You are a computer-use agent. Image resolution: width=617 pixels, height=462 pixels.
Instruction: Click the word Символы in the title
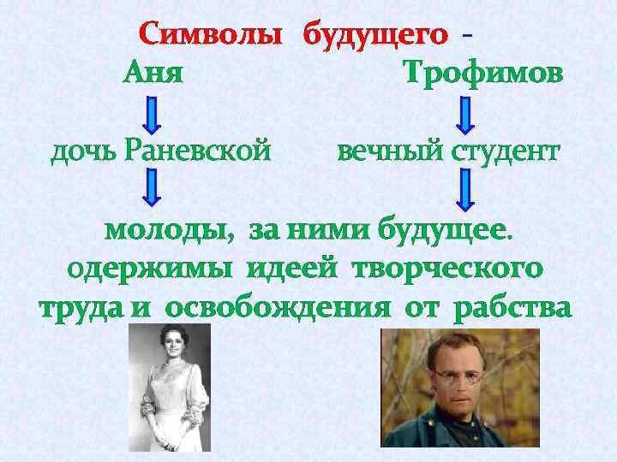(x=211, y=36)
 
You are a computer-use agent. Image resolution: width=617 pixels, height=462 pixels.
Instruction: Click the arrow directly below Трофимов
(x=464, y=115)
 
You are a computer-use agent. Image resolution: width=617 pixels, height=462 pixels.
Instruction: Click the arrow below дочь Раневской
(x=152, y=188)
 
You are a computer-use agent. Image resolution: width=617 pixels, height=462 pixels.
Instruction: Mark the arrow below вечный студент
(x=464, y=188)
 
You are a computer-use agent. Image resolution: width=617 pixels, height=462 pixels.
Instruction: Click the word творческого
(x=454, y=268)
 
